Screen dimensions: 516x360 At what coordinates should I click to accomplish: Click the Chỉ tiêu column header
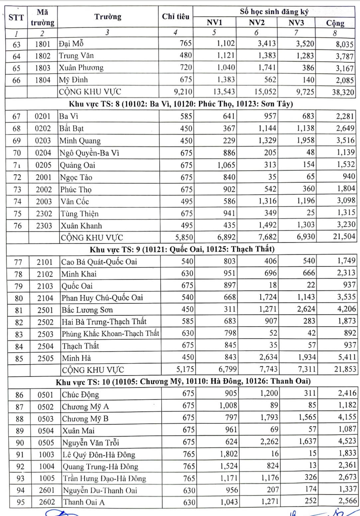176,17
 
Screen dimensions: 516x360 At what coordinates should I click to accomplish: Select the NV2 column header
257,23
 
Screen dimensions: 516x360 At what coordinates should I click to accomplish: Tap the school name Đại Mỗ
71,44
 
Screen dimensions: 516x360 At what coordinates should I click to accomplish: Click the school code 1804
43,80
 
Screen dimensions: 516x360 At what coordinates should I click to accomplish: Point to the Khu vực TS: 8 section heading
181,104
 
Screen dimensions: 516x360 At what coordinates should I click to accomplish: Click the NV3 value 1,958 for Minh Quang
305,140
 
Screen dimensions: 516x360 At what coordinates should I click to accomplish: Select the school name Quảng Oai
77,165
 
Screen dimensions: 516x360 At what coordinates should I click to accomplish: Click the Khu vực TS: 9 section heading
182,249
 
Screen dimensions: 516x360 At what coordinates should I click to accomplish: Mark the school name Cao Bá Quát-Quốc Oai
99,262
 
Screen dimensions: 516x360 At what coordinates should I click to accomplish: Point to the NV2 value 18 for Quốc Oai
273,285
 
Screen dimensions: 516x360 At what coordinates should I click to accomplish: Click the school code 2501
45,310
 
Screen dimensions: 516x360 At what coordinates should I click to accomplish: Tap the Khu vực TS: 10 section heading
183,382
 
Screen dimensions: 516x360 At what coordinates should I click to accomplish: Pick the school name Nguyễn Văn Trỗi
91,443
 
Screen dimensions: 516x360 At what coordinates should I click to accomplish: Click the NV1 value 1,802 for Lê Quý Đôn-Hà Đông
229,454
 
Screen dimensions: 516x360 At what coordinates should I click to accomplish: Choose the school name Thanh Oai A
84,502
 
